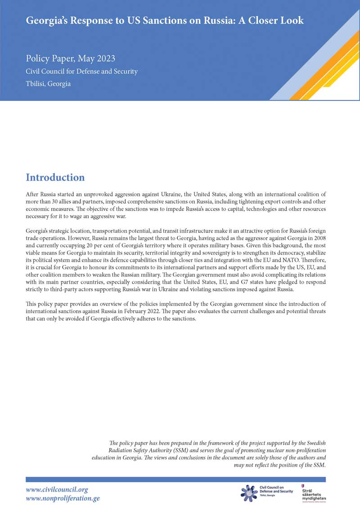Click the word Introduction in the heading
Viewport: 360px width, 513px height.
pyautogui.click(x=55, y=177)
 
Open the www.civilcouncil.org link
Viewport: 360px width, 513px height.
pyautogui.click(x=57, y=490)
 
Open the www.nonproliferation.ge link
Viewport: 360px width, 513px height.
pyautogui.click(x=63, y=498)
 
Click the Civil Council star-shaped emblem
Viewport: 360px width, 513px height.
pyautogui.click(x=249, y=492)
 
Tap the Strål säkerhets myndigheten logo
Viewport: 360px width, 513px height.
pyautogui.click(x=313, y=493)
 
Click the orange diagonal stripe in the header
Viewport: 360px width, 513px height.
pyautogui.click(x=331, y=59)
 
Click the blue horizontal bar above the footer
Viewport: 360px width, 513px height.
pyautogui.click(x=175, y=480)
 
